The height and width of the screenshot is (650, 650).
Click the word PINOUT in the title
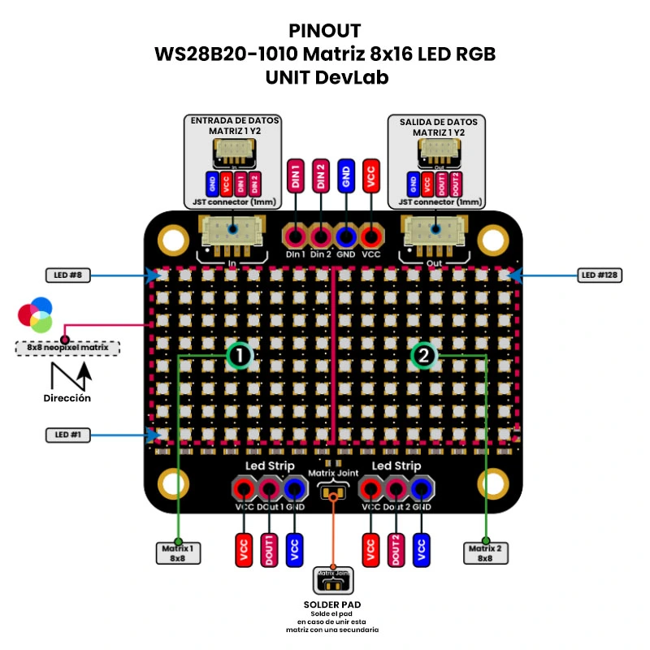coord(325,31)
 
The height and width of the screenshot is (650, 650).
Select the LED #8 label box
coord(67,275)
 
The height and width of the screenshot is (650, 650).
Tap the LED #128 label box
coord(600,275)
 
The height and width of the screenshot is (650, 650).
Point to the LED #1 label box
coord(67,435)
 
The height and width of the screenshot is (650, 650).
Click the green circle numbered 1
coord(240,355)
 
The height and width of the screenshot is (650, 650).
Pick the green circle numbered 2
coord(423,355)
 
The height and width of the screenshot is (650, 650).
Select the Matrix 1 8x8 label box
coord(178,553)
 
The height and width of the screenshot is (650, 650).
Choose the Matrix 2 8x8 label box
coord(485,553)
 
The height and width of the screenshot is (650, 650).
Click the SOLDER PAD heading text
coord(331,604)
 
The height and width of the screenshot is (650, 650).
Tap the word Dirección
coord(67,398)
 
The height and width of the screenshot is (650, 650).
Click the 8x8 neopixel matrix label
coord(67,348)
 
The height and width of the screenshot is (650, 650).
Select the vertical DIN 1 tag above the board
coord(295,176)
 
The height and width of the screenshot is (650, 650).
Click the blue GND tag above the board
coord(346,176)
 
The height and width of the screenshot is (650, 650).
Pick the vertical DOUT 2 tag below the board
coord(396,550)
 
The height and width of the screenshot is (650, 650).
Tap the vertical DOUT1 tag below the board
coord(268,550)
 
